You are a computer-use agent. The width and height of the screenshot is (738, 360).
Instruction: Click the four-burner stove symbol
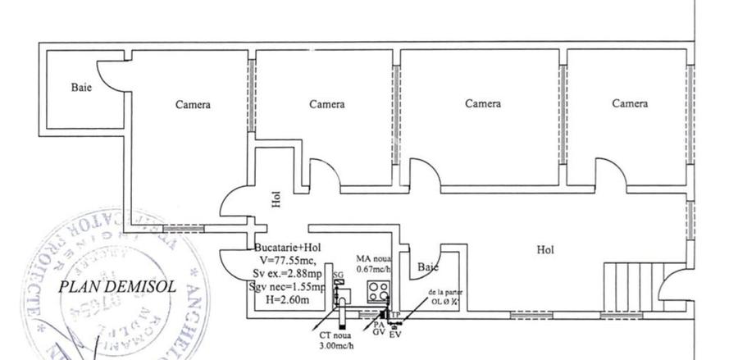379,289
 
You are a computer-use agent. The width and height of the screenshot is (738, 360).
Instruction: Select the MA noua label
373,258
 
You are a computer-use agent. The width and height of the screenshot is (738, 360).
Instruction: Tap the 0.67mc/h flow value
374,269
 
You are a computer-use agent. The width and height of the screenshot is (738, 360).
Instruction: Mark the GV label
379,334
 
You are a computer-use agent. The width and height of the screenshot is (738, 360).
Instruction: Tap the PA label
379,325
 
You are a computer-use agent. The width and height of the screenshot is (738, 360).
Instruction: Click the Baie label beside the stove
427,267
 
